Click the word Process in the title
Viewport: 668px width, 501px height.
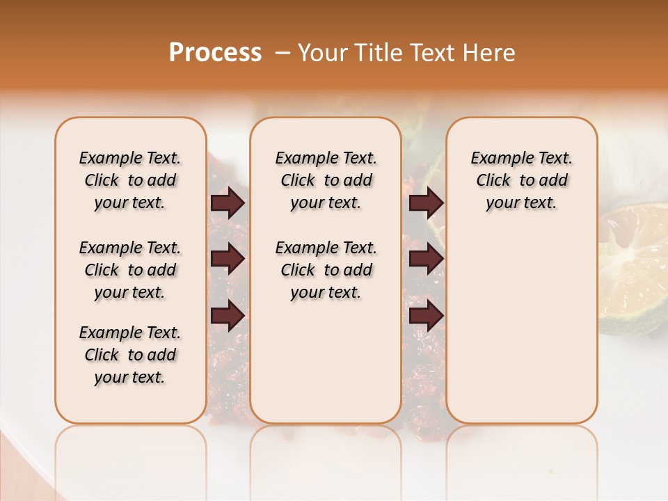click(x=215, y=52)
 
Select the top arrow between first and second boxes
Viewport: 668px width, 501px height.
click(x=228, y=203)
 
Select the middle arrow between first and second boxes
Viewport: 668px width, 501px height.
click(x=228, y=260)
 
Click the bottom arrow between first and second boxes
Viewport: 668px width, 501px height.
click(x=228, y=315)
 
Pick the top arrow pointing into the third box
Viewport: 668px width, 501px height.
click(x=426, y=203)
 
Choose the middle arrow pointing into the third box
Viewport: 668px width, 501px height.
click(x=426, y=260)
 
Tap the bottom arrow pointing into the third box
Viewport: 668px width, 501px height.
click(x=426, y=315)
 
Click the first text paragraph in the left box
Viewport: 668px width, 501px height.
click(x=130, y=180)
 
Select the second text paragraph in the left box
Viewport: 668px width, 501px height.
click(x=130, y=270)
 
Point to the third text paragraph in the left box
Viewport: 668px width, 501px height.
click(x=130, y=355)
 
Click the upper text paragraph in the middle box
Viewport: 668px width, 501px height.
click(x=326, y=180)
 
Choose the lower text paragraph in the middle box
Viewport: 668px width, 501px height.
click(x=326, y=270)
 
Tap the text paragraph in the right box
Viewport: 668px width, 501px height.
click(x=521, y=180)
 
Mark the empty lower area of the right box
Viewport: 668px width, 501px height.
click(x=521, y=327)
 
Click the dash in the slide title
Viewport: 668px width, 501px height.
click(x=283, y=52)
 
